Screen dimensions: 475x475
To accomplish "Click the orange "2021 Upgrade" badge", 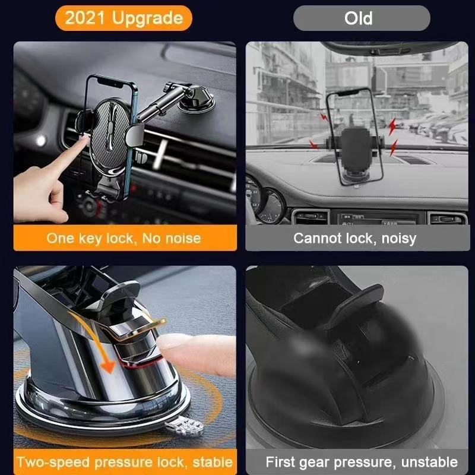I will (123, 18).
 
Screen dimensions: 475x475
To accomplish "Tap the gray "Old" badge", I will (362, 18).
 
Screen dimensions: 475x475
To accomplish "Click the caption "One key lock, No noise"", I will (123, 239).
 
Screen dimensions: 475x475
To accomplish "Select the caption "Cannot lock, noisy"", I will (354, 239).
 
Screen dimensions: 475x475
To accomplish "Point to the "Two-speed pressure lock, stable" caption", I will (123, 462).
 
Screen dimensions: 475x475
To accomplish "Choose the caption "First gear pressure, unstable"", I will (361, 462).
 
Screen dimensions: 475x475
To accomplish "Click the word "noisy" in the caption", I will (398, 239).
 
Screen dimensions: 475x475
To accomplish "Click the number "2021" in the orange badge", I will (84, 18).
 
